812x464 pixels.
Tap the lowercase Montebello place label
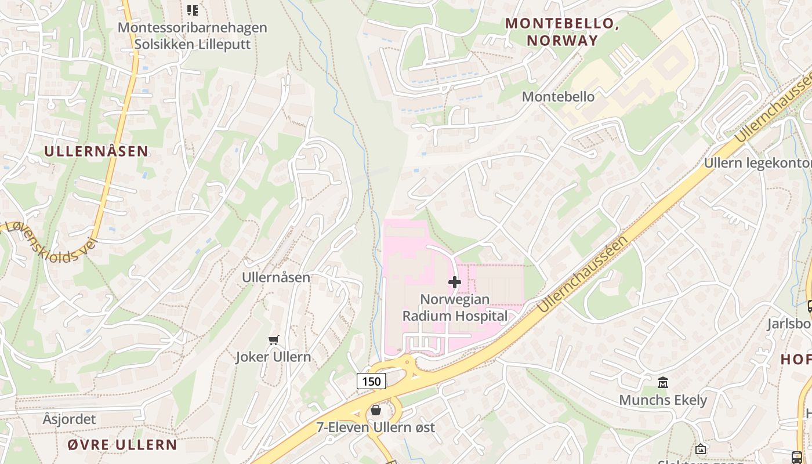558,97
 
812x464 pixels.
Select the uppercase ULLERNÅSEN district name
96,151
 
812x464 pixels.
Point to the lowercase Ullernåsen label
276,278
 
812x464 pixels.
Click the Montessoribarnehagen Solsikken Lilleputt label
193,36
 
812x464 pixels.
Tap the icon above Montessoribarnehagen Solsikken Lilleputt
192,10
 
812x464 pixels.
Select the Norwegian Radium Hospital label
455,308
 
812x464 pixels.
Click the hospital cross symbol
455,282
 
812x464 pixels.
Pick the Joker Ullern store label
273,357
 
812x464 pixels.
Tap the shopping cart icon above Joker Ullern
274,340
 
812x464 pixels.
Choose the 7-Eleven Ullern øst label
375,428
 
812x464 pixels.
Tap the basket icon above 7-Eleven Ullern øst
376,411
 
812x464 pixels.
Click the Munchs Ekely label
663,400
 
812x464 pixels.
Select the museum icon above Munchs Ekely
663,382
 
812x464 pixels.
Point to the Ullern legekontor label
757,163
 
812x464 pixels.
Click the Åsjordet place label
69,419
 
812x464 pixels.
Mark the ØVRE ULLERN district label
122,445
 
